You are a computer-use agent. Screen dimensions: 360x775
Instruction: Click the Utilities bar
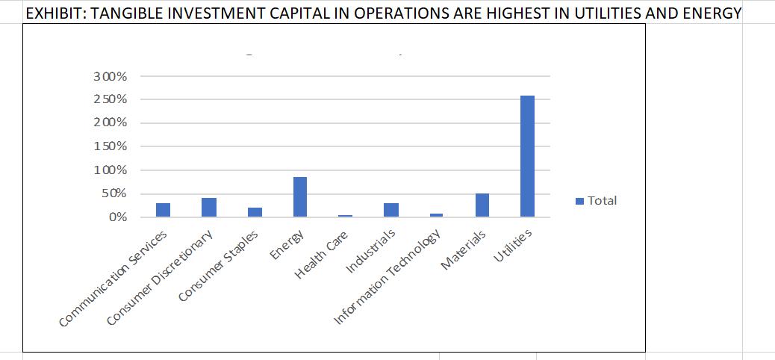coord(527,156)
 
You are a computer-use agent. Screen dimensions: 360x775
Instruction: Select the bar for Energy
coord(299,197)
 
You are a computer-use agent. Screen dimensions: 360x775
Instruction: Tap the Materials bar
coord(482,205)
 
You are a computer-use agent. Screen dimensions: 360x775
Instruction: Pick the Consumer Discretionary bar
coord(208,208)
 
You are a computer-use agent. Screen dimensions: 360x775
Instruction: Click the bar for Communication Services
coord(163,210)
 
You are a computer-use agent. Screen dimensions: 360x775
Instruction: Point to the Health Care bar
coord(345,216)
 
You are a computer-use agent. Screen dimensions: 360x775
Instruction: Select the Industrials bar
coord(390,210)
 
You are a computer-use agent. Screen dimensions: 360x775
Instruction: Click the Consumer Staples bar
coord(254,212)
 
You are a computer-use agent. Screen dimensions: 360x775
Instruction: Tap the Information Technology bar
coord(436,215)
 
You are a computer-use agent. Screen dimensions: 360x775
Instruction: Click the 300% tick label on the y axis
coord(111,76)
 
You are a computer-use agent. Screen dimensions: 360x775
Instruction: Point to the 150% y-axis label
coord(111,146)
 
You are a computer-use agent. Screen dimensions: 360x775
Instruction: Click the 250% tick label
coord(111,99)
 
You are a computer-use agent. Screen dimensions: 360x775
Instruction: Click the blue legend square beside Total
coord(579,201)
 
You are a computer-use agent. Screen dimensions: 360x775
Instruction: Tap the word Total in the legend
coord(602,200)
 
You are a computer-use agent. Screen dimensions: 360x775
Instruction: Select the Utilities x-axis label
coord(513,246)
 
